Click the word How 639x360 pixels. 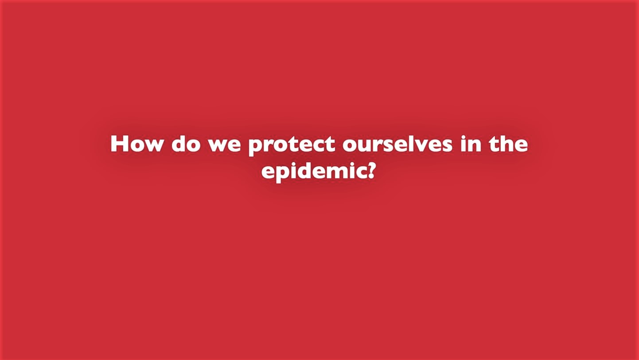(136, 143)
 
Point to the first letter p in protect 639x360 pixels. (256, 148)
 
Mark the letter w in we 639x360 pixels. (218, 145)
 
